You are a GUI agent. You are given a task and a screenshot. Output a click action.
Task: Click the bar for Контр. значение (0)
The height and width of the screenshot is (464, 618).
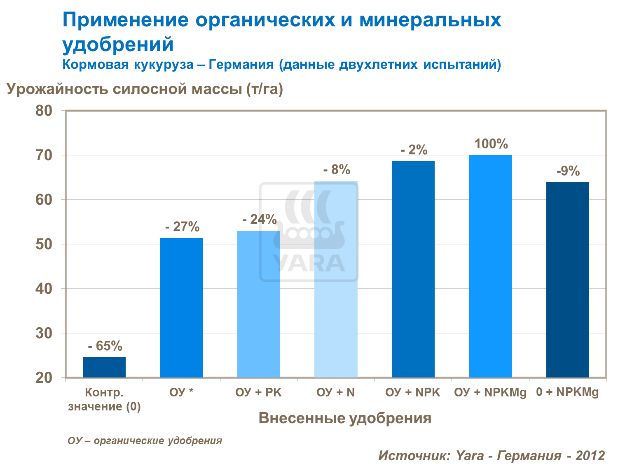pyautogui.click(x=104, y=367)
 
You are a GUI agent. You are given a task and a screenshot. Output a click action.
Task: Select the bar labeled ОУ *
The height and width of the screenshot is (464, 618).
pyautogui.click(x=181, y=307)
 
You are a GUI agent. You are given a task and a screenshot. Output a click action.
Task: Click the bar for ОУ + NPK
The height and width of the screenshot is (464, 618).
pyautogui.click(x=413, y=269)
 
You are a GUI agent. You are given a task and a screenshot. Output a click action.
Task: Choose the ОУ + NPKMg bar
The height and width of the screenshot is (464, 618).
pyautogui.click(x=490, y=266)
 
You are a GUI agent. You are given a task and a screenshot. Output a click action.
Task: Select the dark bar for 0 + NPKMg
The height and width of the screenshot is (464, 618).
pyautogui.click(x=567, y=279)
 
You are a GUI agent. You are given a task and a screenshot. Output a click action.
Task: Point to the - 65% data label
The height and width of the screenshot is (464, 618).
pyautogui.click(x=105, y=346)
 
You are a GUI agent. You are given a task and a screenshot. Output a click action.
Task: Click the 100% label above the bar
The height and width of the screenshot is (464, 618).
pyautogui.click(x=491, y=144)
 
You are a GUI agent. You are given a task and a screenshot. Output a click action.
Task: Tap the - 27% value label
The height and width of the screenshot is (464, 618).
pyautogui.click(x=182, y=227)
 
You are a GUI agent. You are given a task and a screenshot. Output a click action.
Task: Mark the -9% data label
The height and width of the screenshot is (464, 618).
pyautogui.click(x=568, y=171)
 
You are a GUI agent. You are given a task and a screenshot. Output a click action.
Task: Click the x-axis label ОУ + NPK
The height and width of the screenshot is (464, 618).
pyautogui.click(x=413, y=392)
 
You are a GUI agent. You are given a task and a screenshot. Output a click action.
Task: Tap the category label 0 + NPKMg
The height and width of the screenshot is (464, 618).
pyautogui.click(x=567, y=392)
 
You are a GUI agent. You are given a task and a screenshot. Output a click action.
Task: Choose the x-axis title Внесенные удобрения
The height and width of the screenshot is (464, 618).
pyautogui.click(x=345, y=418)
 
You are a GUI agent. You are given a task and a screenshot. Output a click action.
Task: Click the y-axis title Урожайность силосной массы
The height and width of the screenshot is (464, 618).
pyautogui.click(x=145, y=89)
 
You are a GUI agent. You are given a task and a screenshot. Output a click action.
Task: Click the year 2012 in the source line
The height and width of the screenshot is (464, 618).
pyautogui.click(x=590, y=455)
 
